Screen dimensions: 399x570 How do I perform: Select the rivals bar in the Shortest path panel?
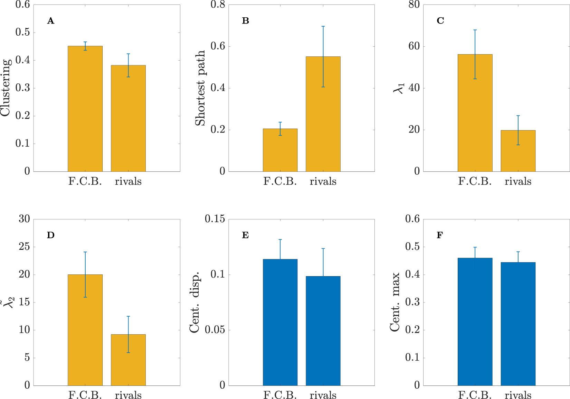323,114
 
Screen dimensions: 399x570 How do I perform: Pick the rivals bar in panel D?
128,360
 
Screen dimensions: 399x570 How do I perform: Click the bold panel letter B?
245,21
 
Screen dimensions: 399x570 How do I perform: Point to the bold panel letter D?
50,235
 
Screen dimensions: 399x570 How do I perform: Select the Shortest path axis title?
200,88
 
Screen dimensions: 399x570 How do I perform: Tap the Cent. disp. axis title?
195,302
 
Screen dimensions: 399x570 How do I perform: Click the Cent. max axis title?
395,302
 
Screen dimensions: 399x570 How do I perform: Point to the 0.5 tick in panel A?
22,33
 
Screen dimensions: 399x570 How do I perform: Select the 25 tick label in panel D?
24,247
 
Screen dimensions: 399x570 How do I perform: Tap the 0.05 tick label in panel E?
215,330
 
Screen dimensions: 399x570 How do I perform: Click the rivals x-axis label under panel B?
323,181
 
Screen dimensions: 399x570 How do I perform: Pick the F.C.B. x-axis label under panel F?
475,395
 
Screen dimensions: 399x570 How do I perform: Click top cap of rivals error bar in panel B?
323,26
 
